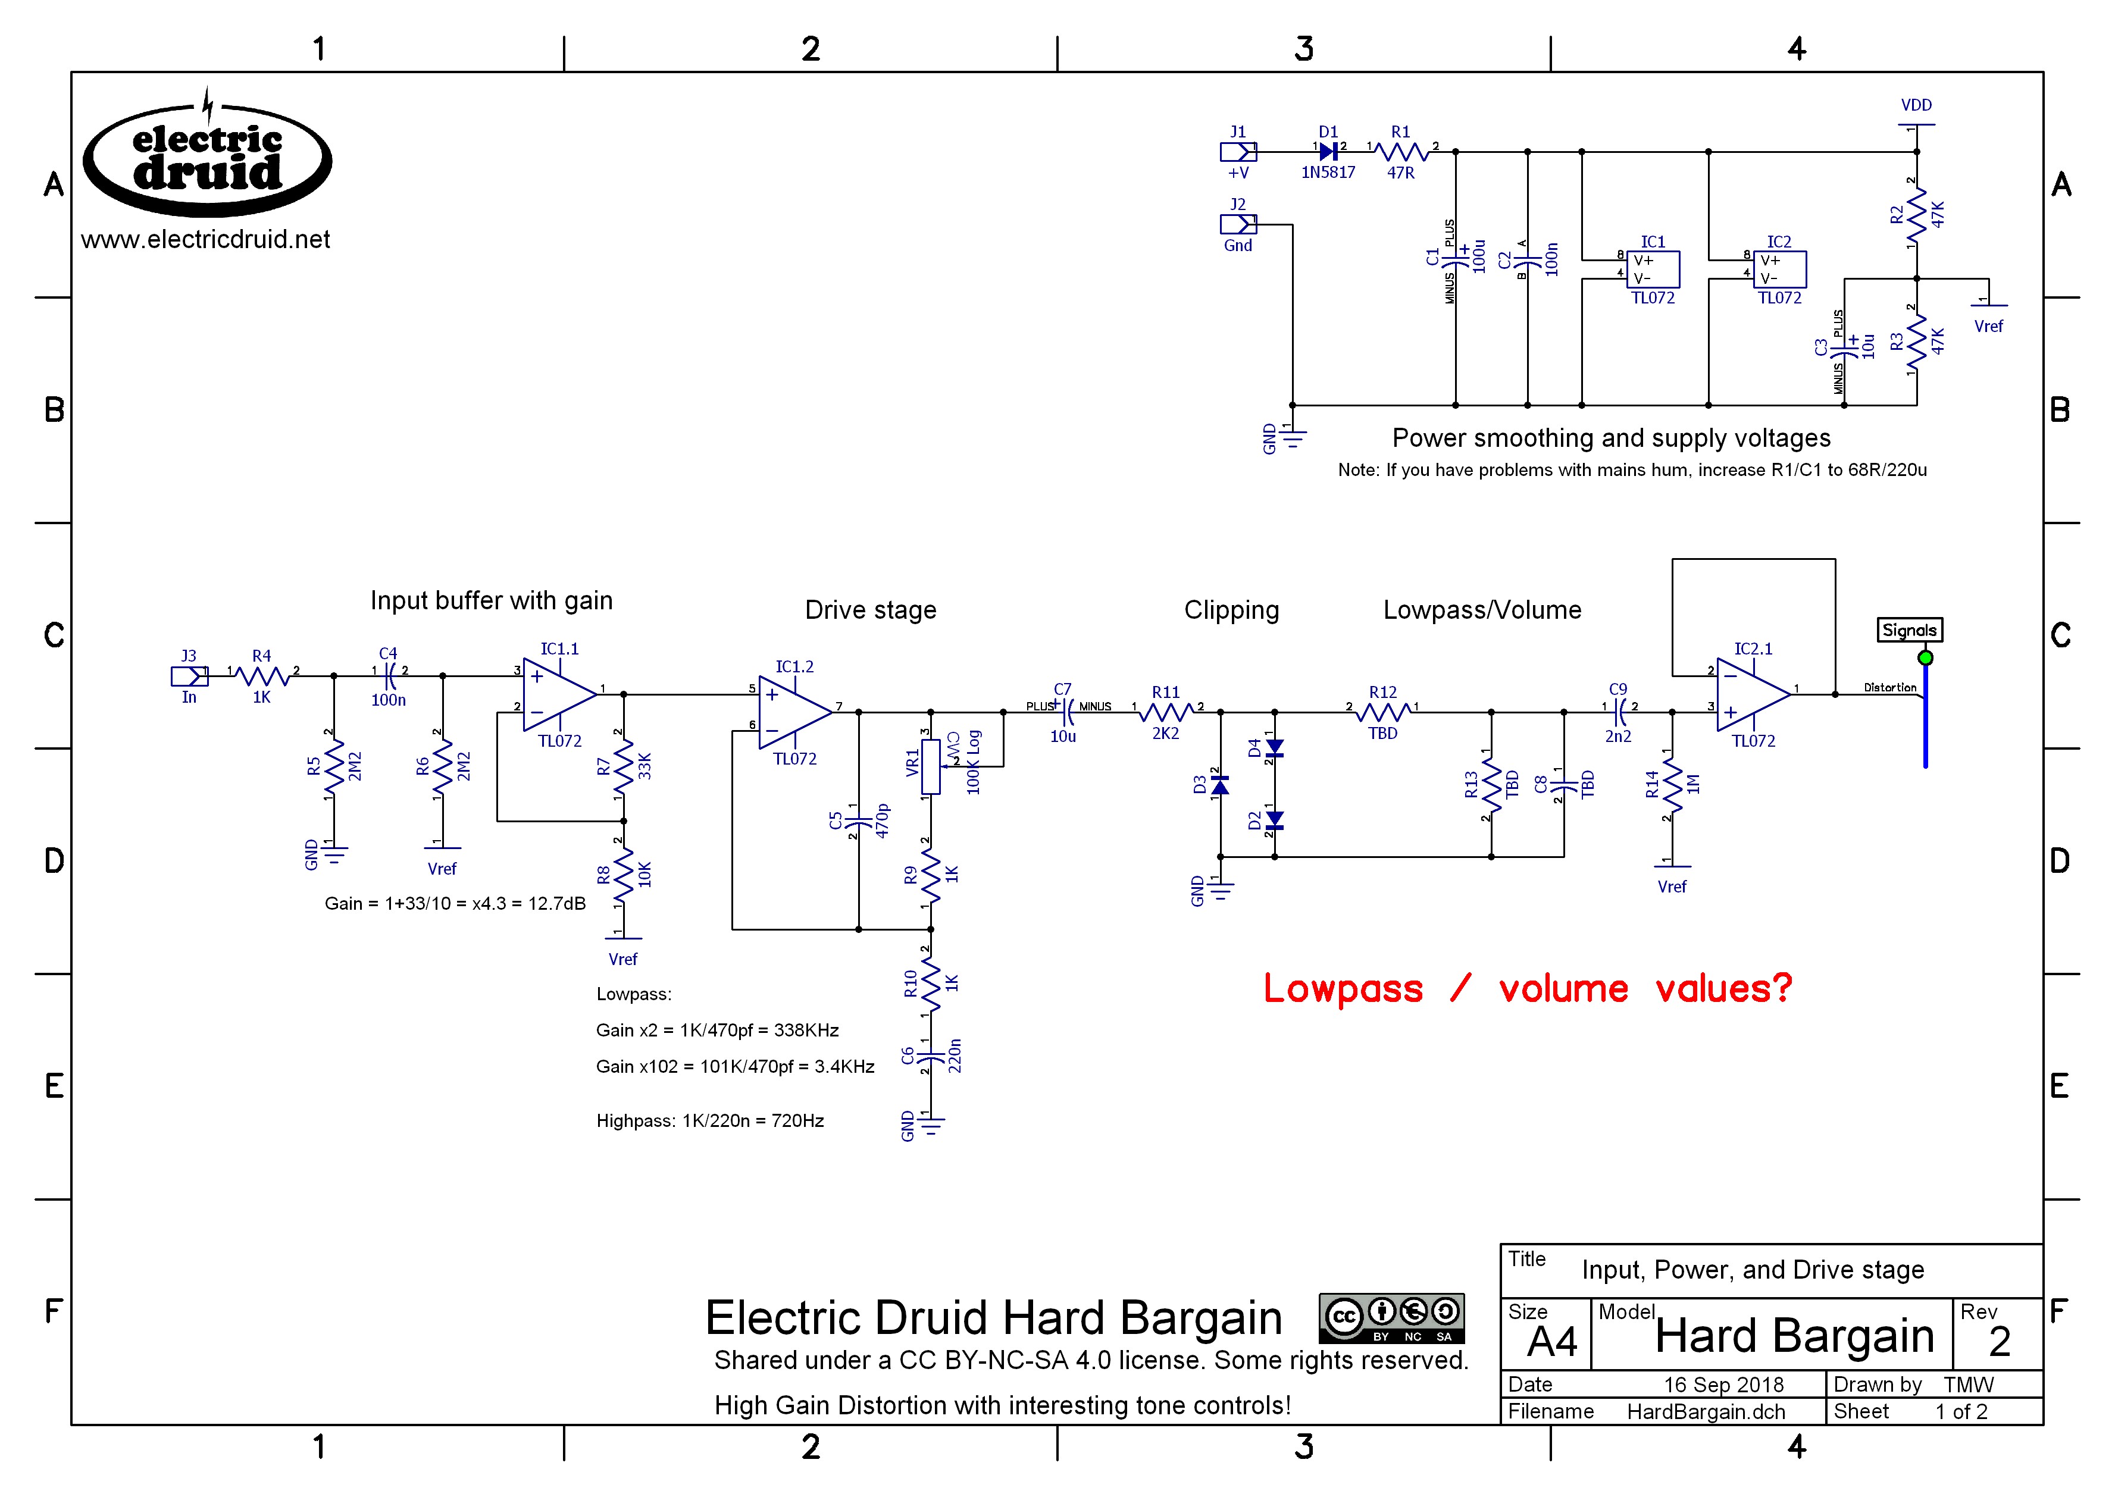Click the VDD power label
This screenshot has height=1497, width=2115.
tap(1916, 106)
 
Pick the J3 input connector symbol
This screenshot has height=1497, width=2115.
tap(190, 677)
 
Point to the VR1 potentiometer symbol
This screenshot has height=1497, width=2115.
tap(931, 765)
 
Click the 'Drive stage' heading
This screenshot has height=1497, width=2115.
tap(871, 610)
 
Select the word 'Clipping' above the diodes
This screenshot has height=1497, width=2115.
tap(1232, 610)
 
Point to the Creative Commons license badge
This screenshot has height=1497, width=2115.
tap(1391, 1317)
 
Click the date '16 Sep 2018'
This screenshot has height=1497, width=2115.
tap(1723, 1385)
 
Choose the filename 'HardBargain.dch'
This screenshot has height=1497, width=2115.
tap(1706, 1411)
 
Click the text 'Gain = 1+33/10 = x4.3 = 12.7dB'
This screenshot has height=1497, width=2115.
tap(455, 903)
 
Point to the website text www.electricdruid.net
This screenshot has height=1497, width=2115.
tap(205, 240)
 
